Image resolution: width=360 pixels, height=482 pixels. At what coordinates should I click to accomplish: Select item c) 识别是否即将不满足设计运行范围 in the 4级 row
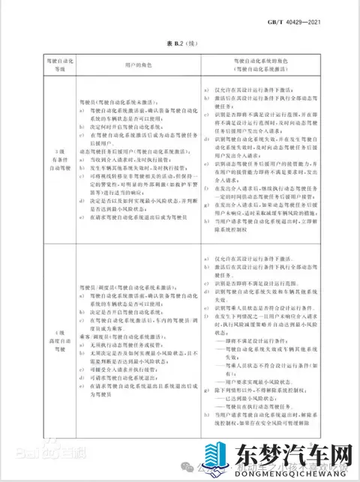click(x=255, y=285)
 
